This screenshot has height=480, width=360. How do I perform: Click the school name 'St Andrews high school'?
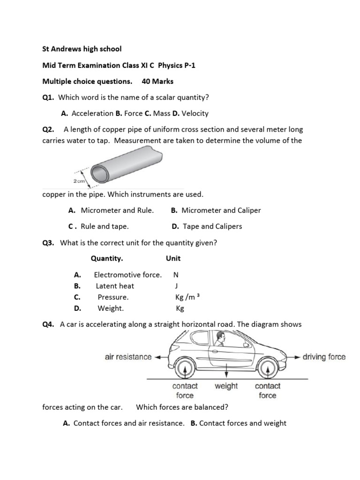coord(82,49)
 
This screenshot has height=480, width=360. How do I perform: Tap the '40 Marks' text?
coord(157,82)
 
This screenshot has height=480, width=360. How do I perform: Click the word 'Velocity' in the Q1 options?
coord(195,113)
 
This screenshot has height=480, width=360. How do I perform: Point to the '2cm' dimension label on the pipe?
coord(79,180)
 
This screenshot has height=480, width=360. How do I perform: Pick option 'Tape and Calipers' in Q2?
coord(212,226)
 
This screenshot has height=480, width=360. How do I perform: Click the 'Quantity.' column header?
coord(107,258)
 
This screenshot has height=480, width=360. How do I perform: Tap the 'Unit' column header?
coord(173,258)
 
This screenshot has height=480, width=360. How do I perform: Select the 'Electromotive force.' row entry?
coord(128,275)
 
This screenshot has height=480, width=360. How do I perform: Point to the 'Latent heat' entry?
coord(115,286)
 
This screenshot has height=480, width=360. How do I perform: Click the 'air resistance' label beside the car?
coord(128,357)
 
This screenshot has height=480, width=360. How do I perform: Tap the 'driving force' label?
coord(324,357)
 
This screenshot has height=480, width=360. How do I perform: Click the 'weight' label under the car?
coord(226,386)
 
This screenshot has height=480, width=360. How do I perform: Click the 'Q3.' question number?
coord(48,243)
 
